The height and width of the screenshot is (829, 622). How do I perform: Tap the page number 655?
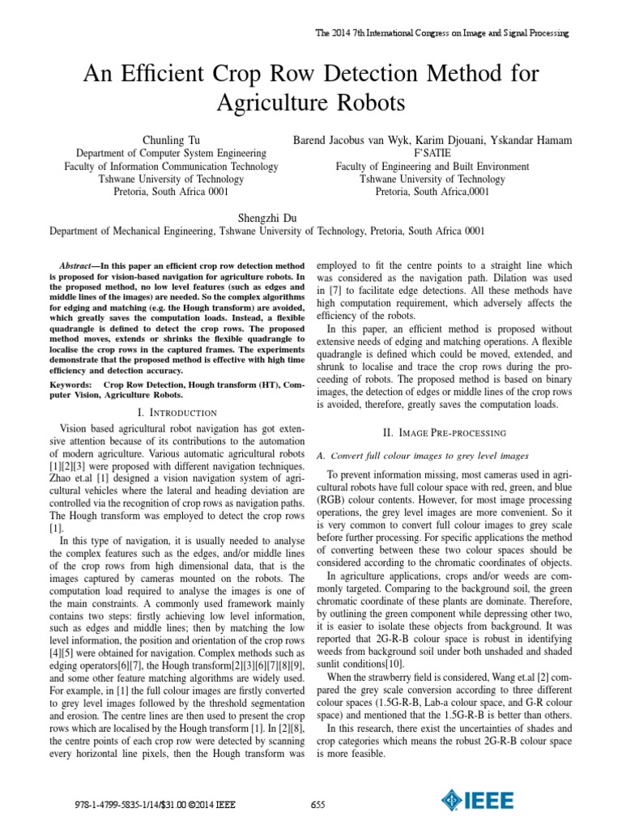[x=317, y=804]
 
